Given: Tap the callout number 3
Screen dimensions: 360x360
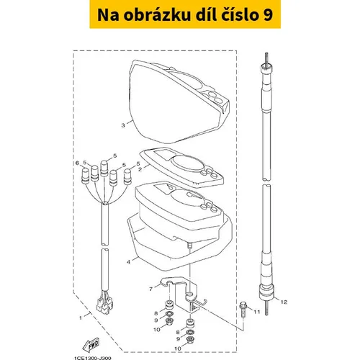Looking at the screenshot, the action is (x=123, y=125).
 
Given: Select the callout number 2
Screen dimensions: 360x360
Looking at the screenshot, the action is (x=140, y=169).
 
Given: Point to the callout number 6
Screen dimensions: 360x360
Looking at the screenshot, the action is (x=77, y=163).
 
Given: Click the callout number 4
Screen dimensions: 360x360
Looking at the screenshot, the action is (x=128, y=262).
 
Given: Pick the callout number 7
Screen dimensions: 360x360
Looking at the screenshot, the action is (x=150, y=289).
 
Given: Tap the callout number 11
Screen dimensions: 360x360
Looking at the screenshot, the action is (x=257, y=312).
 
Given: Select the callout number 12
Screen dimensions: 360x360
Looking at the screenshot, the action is (x=284, y=302).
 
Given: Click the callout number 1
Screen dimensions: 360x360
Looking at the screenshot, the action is (x=81, y=318).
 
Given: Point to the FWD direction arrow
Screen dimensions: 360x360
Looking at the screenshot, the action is (x=91, y=345).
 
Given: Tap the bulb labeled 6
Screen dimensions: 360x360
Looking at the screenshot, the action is (x=85, y=176).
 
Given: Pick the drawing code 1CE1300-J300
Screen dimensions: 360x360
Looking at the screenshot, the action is (x=93, y=358).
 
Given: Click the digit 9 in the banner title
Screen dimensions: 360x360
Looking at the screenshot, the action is (x=269, y=15).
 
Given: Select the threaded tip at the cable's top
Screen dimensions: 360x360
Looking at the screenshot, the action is (x=266, y=58).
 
